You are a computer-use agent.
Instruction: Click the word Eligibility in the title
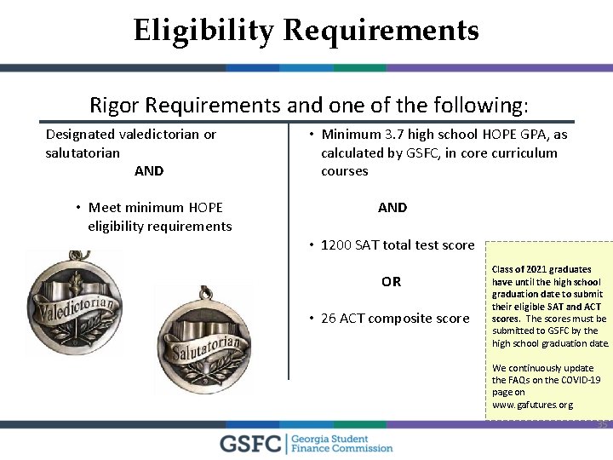click(203, 31)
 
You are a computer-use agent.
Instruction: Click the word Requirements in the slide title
click(381, 31)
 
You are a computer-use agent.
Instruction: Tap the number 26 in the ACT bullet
click(329, 319)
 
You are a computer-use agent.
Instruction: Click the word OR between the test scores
click(391, 282)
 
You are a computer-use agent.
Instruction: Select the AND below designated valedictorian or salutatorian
click(149, 171)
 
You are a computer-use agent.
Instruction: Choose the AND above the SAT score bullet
click(392, 208)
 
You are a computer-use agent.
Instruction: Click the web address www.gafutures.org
click(532, 405)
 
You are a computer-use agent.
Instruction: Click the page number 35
click(602, 424)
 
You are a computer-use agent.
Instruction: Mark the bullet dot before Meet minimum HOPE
click(77, 208)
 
